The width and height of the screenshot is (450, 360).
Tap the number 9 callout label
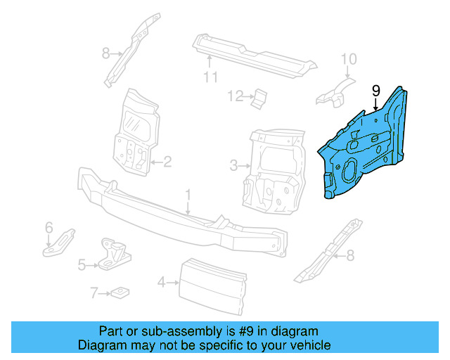375,91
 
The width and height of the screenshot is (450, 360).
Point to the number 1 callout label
188,193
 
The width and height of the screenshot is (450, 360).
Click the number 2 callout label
167,163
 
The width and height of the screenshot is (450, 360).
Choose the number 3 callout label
233,167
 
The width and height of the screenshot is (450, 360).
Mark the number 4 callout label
161,283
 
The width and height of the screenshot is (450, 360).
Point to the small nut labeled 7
121,292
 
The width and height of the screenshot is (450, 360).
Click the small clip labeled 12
259,98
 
